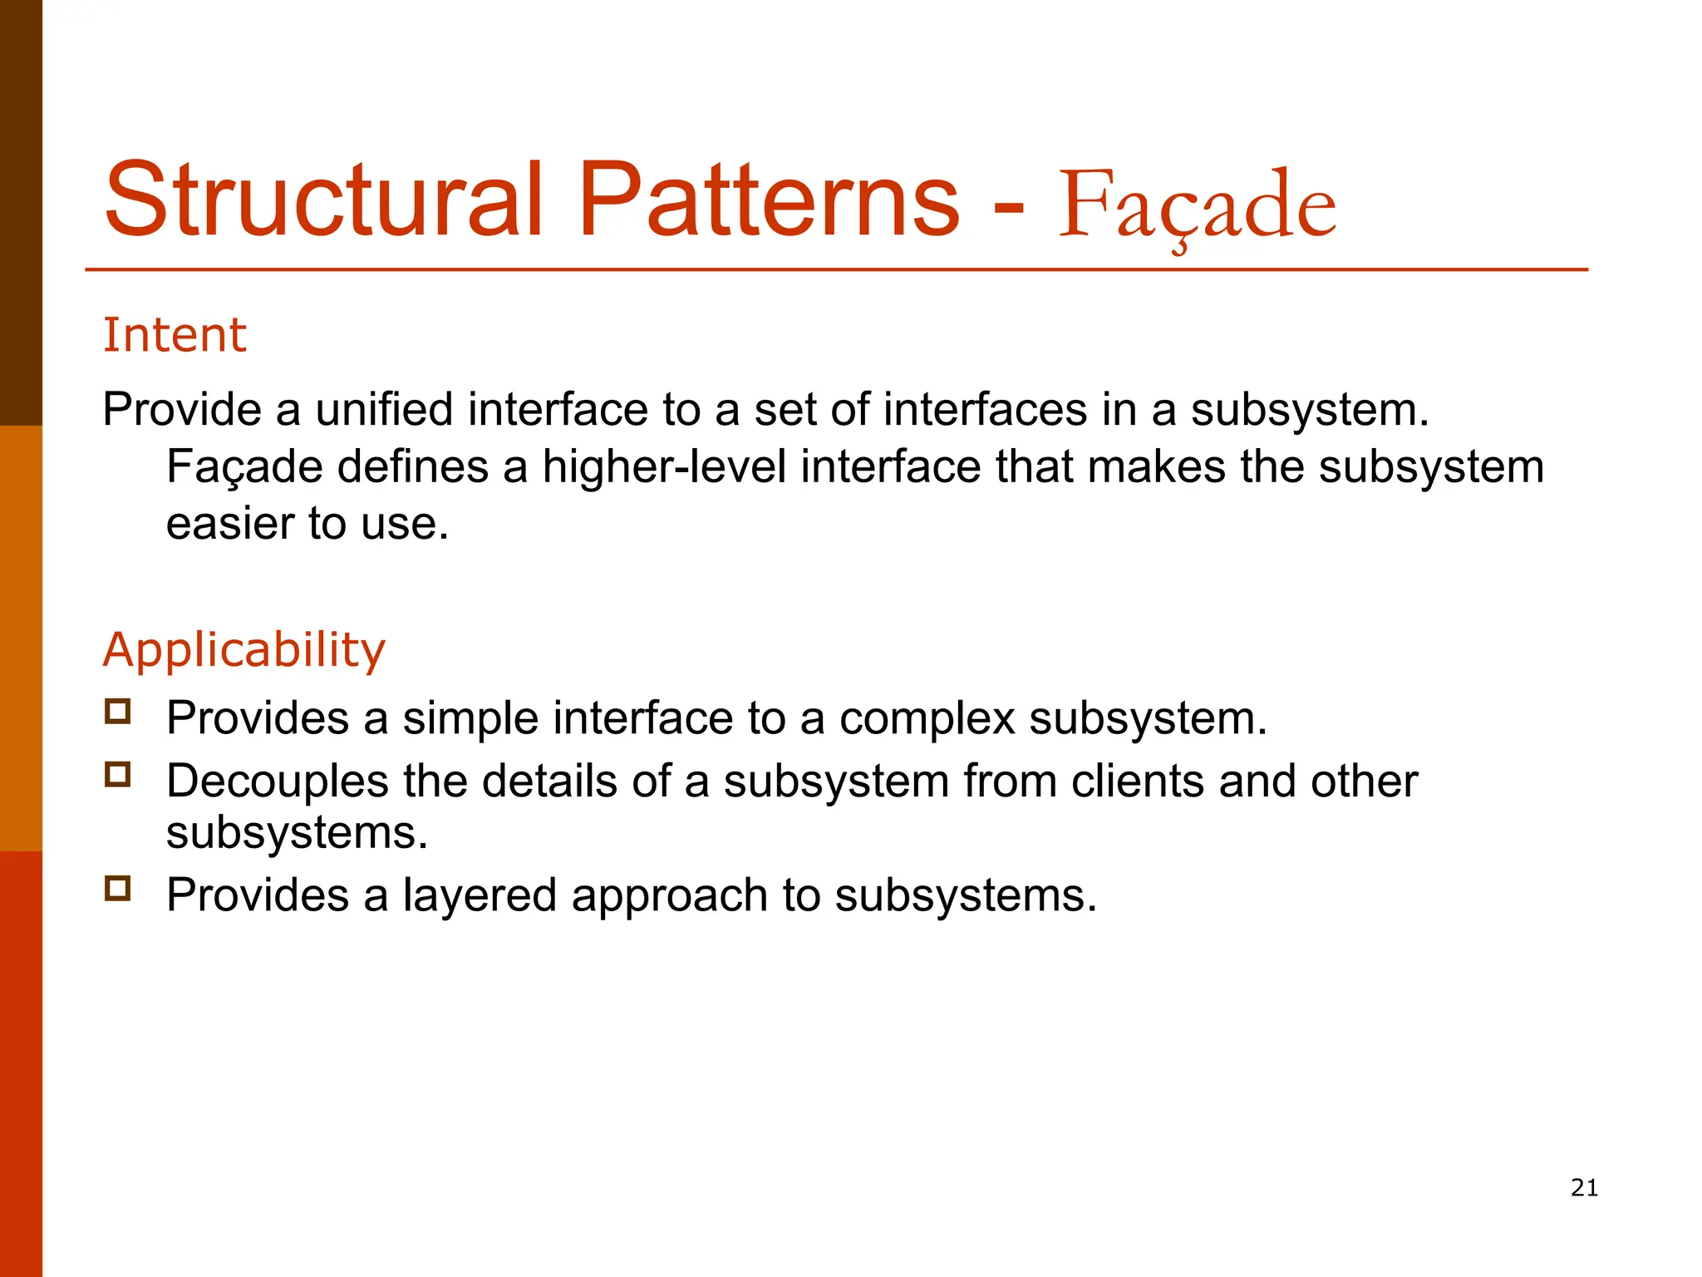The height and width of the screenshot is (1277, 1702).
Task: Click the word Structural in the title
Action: (x=324, y=200)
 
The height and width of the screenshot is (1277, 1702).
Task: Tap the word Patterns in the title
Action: (x=768, y=200)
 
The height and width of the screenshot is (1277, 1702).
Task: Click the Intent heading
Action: (x=175, y=335)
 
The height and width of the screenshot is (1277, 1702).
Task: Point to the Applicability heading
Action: (x=243, y=649)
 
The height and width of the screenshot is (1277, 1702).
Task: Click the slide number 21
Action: (x=1584, y=1188)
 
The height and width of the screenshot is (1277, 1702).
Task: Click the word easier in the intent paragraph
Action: (x=230, y=524)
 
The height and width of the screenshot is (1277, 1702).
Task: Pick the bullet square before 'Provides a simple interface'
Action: (x=118, y=712)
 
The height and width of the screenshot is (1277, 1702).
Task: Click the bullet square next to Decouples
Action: (x=118, y=775)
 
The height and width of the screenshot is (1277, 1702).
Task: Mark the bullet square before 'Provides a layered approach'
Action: (x=118, y=889)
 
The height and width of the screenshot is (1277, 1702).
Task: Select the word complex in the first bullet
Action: (x=927, y=718)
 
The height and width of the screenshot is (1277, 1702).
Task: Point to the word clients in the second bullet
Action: (x=1137, y=781)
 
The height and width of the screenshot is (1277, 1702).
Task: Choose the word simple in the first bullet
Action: (x=470, y=718)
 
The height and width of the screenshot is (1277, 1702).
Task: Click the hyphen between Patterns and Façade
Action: (x=1009, y=204)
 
